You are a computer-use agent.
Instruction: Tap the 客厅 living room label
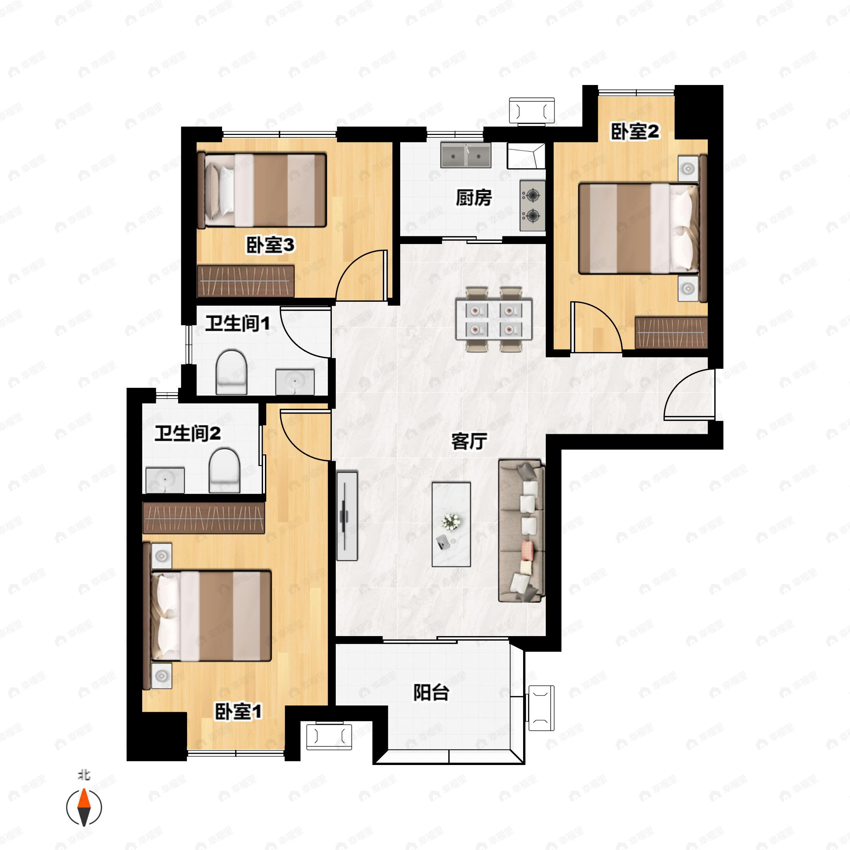(469, 441)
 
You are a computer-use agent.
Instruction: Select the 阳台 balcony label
(431, 692)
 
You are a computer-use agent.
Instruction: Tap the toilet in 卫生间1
(232, 372)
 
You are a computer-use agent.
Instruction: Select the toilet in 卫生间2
(225, 471)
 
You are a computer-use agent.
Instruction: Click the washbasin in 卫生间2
(165, 481)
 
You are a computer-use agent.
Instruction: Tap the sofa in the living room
(522, 531)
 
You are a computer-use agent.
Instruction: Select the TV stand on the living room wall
(347, 516)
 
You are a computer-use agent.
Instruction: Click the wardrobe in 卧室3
(245, 280)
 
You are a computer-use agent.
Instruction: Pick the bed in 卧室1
(208, 615)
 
